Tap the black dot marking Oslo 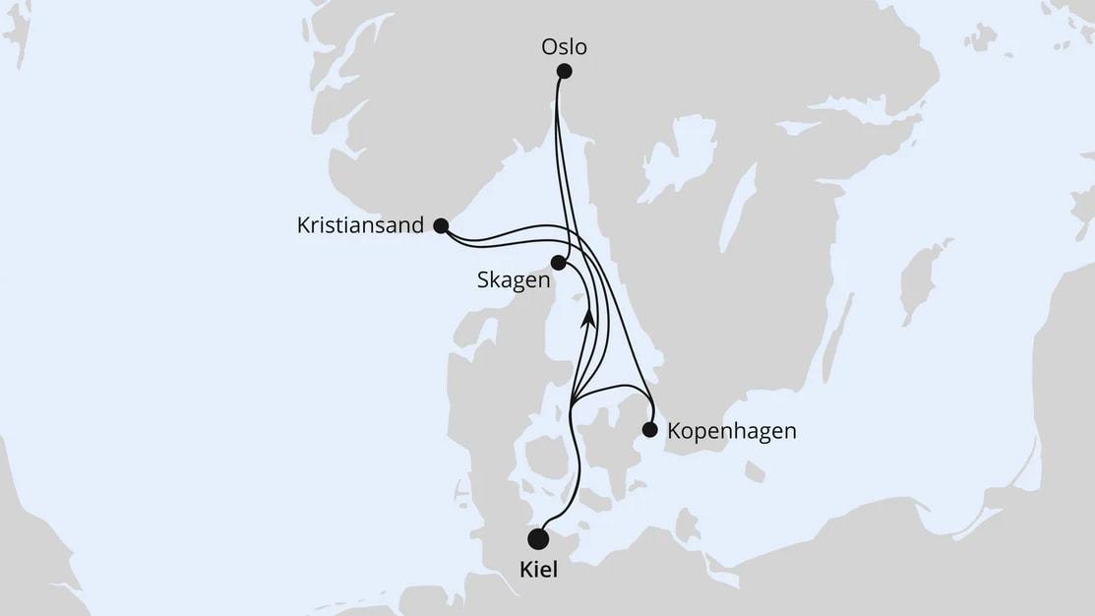tap(565, 71)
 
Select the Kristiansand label tap(360, 225)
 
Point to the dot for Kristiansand tap(441, 225)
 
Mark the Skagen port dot tap(559, 263)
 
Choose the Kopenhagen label tap(731, 431)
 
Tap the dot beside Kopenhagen tap(649, 429)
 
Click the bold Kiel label tap(538, 570)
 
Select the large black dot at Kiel tap(538, 538)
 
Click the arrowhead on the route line tap(588, 316)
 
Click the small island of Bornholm tap(755, 473)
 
